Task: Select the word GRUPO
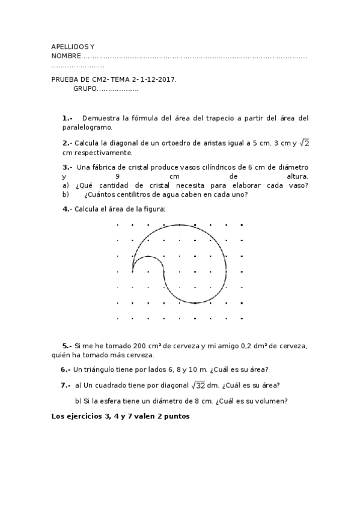85,88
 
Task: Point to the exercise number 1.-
67,118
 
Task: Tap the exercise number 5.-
67,346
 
